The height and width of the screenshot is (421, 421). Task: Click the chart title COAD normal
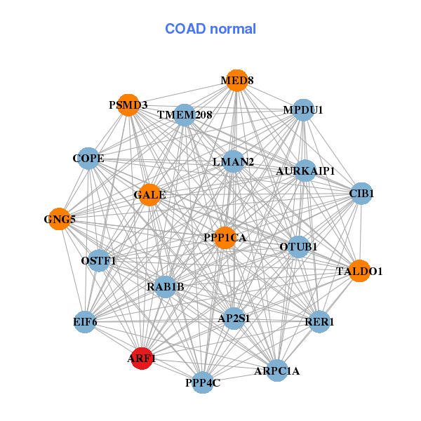(x=210, y=29)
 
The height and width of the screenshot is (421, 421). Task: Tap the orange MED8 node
(x=237, y=81)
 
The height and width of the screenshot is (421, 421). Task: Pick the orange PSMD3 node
(x=128, y=105)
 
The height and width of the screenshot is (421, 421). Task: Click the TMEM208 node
(x=184, y=114)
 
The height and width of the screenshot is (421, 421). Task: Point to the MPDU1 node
(x=302, y=110)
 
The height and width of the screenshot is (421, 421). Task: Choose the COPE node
(x=88, y=159)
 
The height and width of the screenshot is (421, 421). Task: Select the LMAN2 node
(x=233, y=162)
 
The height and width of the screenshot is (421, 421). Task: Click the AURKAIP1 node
(x=305, y=171)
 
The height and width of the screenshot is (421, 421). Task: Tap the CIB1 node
(x=361, y=193)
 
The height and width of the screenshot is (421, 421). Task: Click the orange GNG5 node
(x=60, y=220)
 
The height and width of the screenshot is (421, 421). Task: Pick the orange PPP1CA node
(x=225, y=238)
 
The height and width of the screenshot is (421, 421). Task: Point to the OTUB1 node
(x=298, y=246)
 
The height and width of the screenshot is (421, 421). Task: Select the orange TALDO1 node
(x=359, y=271)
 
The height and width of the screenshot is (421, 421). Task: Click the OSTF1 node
(x=99, y=261)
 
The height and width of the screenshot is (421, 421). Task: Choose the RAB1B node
(x=165, y=286)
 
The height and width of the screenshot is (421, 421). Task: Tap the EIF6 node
(x=84, y=322)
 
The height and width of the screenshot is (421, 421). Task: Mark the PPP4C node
(x=203, y=382)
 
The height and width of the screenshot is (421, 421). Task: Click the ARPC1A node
(x=276, y=370)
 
